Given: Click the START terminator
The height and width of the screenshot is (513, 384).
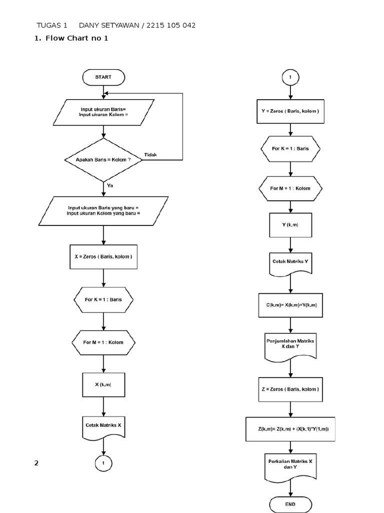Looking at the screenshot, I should [x=103, y=77].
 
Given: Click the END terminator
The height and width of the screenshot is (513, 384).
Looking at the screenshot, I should [x=290, y=503].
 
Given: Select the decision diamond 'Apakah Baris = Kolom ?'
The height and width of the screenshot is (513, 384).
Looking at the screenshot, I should [x=103, y=160].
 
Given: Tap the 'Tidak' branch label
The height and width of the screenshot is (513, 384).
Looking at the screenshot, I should [x=150, y=155].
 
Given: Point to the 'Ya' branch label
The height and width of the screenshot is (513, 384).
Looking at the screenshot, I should [x=110, y=185].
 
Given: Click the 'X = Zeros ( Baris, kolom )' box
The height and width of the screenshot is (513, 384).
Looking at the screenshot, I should [x=103, y=257].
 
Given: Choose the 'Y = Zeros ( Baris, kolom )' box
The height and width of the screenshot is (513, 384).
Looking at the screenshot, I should [x=290, y=111].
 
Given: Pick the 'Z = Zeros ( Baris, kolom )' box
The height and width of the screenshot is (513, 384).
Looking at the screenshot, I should [x=290, y=389].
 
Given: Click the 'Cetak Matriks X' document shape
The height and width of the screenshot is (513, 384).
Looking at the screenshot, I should [x=103, y=426].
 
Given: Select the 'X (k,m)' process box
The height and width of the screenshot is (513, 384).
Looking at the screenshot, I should [x=103, y=385].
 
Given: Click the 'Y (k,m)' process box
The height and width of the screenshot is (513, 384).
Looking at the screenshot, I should [x=290, y=225].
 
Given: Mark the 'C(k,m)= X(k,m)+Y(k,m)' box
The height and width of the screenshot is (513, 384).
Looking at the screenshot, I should [x=290, y=305].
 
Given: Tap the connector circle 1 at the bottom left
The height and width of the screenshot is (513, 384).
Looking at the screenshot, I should [x=103, y=464].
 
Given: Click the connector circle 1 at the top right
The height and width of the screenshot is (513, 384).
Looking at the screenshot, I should [x=290, y=78].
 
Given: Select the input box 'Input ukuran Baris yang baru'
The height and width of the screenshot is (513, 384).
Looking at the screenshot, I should [x=103, y=210].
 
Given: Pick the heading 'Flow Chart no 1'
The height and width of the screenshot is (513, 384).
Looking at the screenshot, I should [x=76, y=38].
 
